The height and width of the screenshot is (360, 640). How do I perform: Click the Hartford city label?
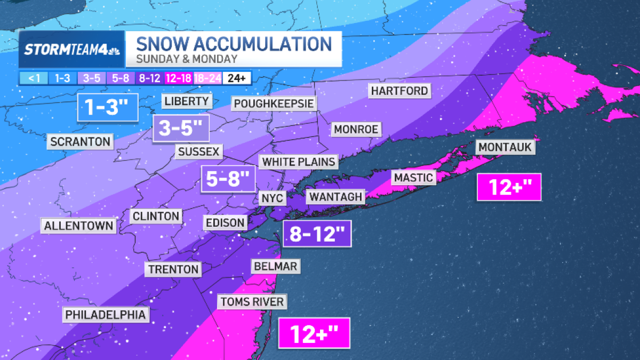click(399, 91)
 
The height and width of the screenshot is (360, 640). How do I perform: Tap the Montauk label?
click(505, 147)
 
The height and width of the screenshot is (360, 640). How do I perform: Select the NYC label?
click(272, 198)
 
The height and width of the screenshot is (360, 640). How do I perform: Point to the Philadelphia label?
click(105, 315)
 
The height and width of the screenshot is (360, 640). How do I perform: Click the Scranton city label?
click(80, 141)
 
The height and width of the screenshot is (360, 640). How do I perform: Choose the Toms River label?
click(252, 302)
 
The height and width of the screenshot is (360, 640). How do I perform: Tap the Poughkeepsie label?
click(274, 103)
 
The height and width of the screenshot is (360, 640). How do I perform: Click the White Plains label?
click(299, 161)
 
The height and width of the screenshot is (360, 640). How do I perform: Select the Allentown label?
click(78, 225)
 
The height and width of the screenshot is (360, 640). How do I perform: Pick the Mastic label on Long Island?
click(413, 177)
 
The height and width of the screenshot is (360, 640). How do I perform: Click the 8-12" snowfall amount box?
click(317, 234)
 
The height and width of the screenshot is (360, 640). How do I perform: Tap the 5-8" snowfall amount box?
click(228, 179)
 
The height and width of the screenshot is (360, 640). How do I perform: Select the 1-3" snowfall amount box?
click(108, 107)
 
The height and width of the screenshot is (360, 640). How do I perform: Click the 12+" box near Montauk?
click(509, 187)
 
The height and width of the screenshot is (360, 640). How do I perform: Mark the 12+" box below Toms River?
click(314, 333)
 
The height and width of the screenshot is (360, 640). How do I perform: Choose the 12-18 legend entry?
click(179, 78)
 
